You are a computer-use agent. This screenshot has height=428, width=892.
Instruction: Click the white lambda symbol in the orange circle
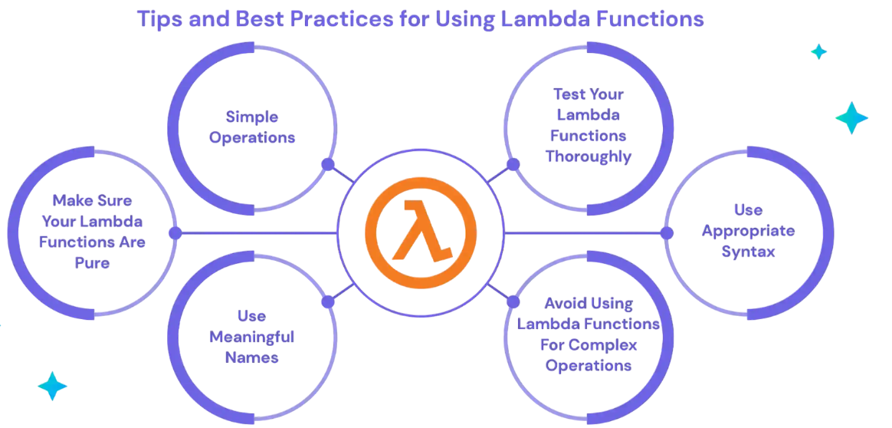click(x=420, y=231)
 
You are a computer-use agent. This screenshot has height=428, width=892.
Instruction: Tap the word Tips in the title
click(x=158, y=18)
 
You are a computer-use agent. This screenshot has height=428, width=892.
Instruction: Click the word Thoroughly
click(x=589, y=156)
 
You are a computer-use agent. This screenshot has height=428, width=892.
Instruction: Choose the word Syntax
click(x=748, y=252)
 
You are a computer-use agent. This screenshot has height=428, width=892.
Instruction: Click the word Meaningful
click(x=251, y=337)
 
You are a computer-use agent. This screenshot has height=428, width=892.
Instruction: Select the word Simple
click(x=251, y=117)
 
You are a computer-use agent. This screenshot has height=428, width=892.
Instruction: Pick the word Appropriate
click(x=748, y=231)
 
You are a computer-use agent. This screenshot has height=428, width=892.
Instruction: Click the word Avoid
click(x=566, y=303)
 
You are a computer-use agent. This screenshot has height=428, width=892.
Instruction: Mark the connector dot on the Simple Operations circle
click(x=328, y=164)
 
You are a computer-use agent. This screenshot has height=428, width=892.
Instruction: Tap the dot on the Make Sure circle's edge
click(x=175, y=232)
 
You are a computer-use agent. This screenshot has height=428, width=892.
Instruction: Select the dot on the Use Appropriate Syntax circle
click(x=667, y=232)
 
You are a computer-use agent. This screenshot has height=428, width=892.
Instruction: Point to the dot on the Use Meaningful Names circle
click(x=328, y=301)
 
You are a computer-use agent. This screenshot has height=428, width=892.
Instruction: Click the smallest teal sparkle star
click(x=819, y=52)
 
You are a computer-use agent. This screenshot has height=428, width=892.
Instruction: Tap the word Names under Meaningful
click(x=251, y=357)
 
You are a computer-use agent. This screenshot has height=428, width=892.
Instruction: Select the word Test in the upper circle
click(x=568, y=94)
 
